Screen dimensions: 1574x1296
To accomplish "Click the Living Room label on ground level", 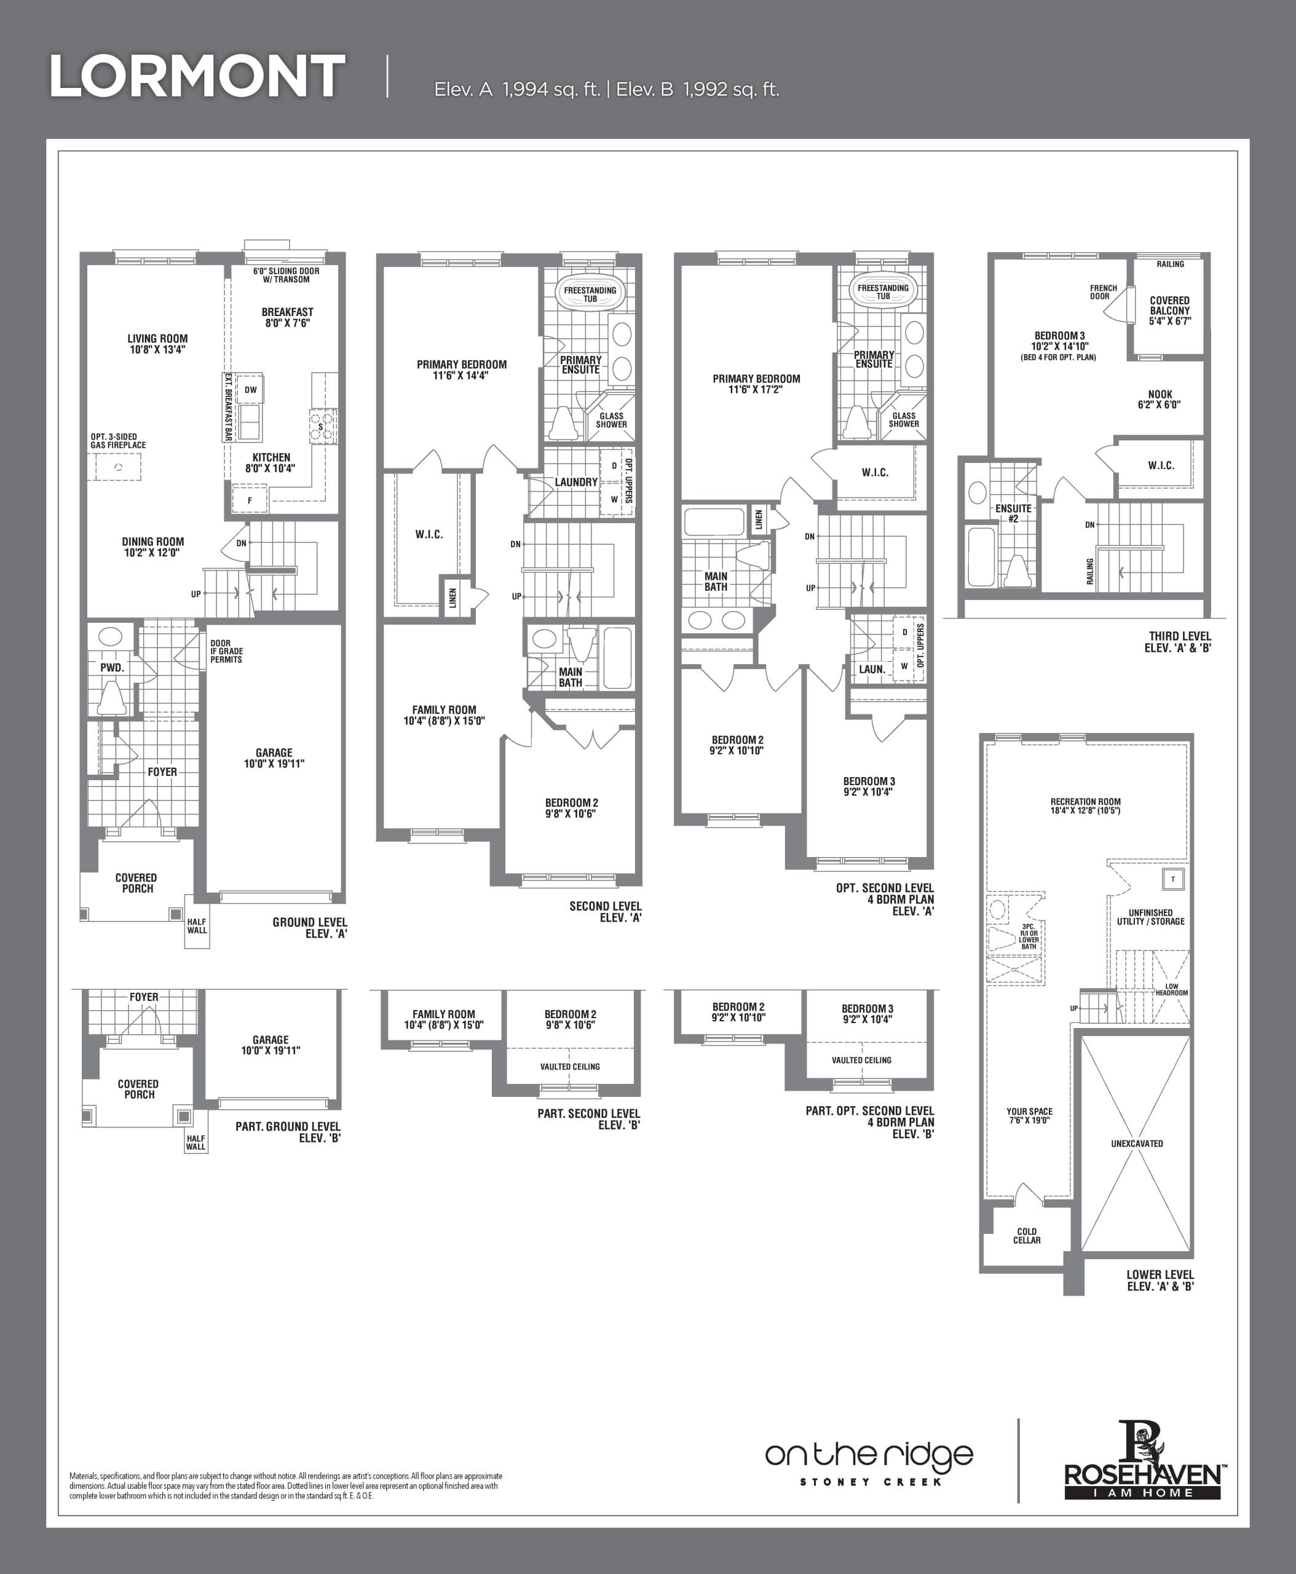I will pyautogui.click(x=157, y=344).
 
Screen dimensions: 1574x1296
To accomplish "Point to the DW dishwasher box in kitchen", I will pyautogui.click(x=251, y=390).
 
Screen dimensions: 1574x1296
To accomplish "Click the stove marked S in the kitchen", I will pyautogui.click(x=321, y=426).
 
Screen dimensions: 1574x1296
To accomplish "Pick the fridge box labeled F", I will pyautogui.click(x=250, y=500).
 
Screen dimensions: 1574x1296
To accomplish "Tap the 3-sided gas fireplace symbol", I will pyautogui.click(x=117, y=467).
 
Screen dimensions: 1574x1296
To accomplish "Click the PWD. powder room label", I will pyautogui.click(x=113, y=668).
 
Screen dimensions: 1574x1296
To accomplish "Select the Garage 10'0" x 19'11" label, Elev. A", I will pyautogui.click(x=274, y=758).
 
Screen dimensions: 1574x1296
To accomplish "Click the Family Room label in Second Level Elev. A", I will pyautogui.click(x=444, y=715).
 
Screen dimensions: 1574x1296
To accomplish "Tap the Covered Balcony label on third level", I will pyautogui.click(x=1170, y=310).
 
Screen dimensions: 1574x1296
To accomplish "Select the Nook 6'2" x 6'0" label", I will pyautogui.click(x=1160, y=400).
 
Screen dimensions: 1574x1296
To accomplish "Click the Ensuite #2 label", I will pyautogui.click(x=1013, y=513).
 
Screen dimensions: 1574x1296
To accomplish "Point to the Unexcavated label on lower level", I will pyautogui.click(x=1136, y=1143).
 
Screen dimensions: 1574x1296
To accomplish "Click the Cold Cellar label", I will pyautogui.click(x=1027, y=1236).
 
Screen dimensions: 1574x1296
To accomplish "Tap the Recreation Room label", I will pyautogui.click(x=1086, y=805).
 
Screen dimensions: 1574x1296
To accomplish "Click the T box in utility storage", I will pyautogui.click(x=1173, y=879).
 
